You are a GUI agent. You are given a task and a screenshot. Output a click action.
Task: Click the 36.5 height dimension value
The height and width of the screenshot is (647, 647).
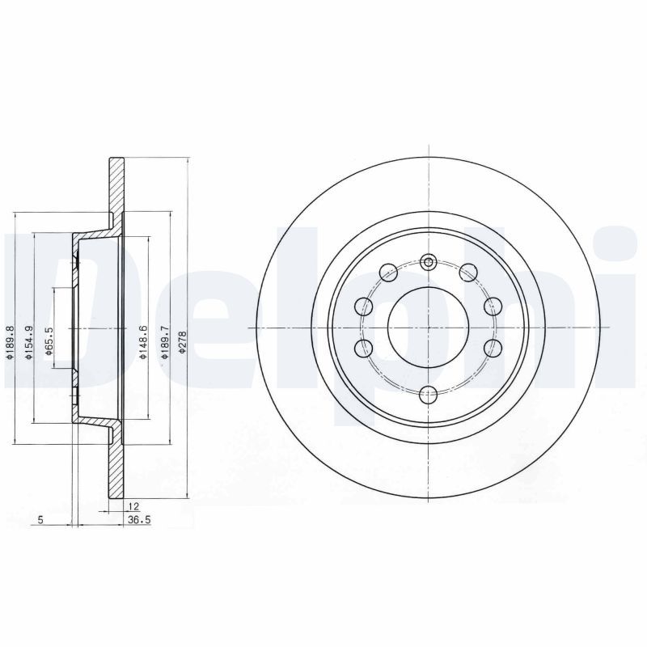[x=139, y=520]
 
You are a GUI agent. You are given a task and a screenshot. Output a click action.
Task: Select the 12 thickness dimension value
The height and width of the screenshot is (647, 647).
[x=132, y=505]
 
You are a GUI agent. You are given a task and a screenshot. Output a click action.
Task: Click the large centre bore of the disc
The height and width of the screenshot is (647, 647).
[x=429, y=328]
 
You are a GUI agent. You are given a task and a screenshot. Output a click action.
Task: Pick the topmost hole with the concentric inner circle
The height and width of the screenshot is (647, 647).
[x=429, y=261]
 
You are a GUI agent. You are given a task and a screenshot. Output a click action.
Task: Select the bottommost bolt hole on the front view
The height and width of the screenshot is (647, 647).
[x=429, y=394]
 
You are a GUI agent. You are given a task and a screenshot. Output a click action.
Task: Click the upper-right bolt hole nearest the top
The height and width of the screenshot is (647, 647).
[x=467, y=273]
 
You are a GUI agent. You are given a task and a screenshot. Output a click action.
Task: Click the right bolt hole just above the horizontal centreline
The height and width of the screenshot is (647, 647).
[x=492, y=307]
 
